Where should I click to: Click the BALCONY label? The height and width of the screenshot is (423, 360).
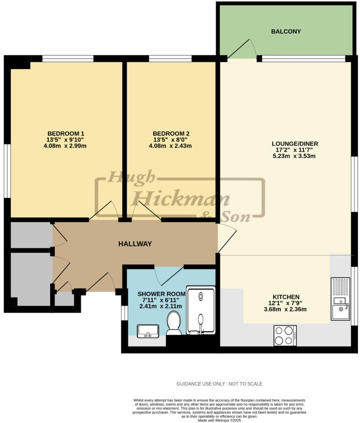[286, 31]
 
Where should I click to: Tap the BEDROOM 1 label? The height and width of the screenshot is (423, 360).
[66, 134]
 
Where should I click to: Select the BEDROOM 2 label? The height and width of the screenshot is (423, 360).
[171, 134]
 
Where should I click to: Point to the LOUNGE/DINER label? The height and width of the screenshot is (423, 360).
[295, 144]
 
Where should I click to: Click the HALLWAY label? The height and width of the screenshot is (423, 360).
[135, 244]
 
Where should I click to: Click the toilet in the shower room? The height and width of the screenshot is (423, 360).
[174, 324]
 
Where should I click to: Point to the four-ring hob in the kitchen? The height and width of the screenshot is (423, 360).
[284, 336]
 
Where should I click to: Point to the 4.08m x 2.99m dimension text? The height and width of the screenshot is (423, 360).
[66, 146]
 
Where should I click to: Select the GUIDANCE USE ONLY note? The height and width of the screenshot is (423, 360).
[219, 384]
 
